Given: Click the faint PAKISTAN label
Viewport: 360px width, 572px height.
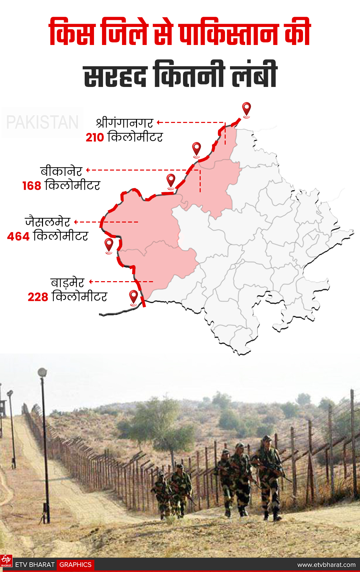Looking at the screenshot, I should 42,122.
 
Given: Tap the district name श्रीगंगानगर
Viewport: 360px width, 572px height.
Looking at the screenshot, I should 124,123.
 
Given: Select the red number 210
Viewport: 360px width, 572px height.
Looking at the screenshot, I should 95,137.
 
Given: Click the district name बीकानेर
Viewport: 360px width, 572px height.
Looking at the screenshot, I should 61,171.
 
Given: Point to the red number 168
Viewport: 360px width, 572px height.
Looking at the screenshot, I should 32,186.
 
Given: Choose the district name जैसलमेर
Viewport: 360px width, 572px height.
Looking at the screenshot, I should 48,222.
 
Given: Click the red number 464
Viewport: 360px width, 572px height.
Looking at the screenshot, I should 18,237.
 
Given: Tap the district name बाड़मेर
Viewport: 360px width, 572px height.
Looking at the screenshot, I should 67,282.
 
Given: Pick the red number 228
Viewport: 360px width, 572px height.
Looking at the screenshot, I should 38,297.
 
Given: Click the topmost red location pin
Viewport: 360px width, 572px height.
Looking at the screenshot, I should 246,109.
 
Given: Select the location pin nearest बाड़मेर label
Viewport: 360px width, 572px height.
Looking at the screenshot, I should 133,296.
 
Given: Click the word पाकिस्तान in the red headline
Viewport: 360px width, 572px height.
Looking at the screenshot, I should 228,33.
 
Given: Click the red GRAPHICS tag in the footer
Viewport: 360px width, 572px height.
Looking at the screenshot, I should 75,565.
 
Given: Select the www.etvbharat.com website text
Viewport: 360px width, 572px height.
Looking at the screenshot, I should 326,565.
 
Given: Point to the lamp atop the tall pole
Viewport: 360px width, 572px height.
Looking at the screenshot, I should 42,372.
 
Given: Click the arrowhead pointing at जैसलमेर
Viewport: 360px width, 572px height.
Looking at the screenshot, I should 76,222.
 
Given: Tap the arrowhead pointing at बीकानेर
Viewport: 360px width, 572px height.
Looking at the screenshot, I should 88,170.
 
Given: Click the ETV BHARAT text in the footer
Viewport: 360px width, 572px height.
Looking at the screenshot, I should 35,565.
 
